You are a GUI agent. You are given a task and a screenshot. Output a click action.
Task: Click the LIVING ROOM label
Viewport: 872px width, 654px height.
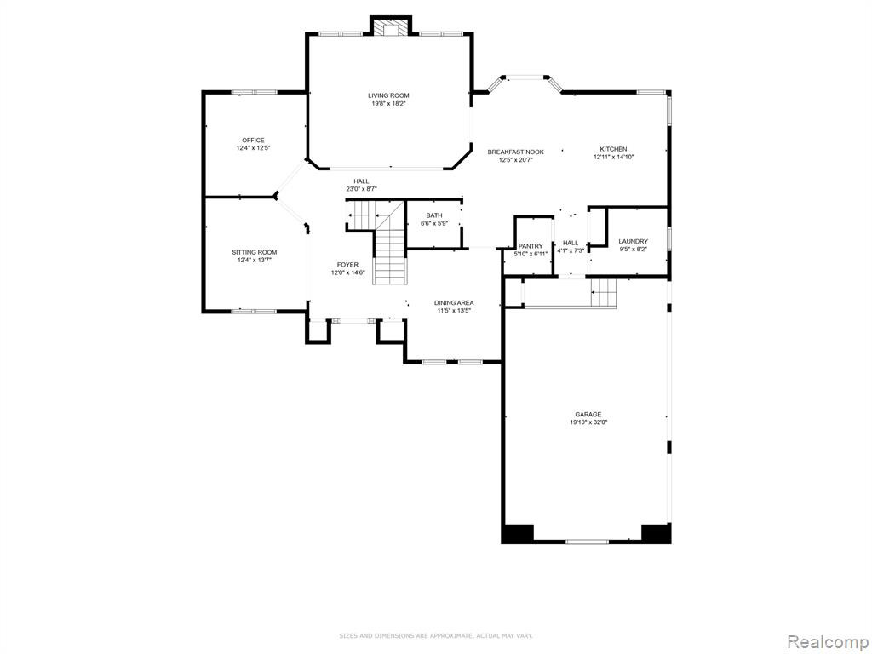click(388, 95)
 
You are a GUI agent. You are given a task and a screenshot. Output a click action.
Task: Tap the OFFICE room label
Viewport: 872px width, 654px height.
click(253, 141)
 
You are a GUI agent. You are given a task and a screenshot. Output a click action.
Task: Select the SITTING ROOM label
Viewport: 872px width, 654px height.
click(254, 252)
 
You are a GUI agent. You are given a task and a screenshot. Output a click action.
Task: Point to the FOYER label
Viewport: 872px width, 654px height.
click(347, 265)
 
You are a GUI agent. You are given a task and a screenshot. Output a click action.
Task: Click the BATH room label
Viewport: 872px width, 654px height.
click(434, 215)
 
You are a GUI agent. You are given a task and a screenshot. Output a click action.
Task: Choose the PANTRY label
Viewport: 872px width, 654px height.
click(531, 246)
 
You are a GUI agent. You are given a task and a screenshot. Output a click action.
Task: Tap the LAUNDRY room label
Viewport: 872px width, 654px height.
click(633, 241)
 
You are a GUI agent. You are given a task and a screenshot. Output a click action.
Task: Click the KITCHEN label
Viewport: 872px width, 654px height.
click(613, 149)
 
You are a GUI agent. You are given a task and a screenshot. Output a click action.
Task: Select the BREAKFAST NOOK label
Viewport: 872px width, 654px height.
click(515, 152)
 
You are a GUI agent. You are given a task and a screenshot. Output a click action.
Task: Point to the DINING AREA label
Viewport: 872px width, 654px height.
click(454, 303)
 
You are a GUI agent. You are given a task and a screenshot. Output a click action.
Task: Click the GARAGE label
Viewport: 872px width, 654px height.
click(588, 415)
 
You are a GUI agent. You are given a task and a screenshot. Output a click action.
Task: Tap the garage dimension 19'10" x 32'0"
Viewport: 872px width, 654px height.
click(588, 422)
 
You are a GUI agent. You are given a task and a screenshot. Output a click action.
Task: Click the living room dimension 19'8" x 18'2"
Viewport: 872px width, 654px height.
click(388, 103)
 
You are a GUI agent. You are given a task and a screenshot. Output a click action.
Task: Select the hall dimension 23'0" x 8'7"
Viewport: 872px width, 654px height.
click(361, 189)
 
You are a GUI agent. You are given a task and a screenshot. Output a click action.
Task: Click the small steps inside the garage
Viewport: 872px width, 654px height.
click(604, 293)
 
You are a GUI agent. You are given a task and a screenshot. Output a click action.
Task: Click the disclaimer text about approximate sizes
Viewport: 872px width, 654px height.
click(435, 635)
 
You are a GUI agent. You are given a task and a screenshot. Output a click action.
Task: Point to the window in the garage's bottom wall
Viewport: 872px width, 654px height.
click(587, 541)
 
